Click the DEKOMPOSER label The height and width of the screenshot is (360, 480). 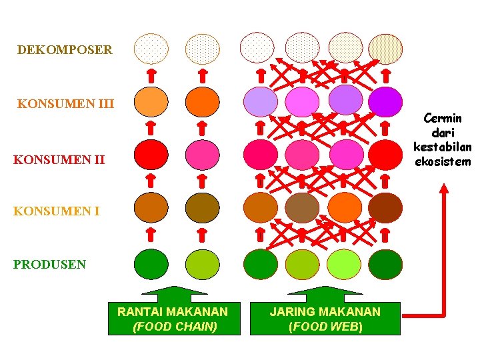point(65,50)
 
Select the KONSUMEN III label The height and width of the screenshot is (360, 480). point(65,104)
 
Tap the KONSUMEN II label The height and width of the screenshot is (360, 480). point(59,160)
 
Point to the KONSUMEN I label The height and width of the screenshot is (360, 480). point(57,212)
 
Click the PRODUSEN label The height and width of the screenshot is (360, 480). point(49,264)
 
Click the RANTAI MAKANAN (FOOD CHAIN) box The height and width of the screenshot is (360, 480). point(173,319)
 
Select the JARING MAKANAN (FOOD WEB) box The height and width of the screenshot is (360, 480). point(325,319)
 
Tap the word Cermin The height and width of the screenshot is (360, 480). point(442,119)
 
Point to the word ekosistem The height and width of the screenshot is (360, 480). point(442,161)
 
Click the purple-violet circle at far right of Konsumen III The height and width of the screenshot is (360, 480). point(385,101)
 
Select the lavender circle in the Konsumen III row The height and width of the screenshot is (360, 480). point(260,102)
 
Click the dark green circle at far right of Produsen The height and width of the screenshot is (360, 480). point(385,264)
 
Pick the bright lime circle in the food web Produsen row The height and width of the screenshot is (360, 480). point(344,264)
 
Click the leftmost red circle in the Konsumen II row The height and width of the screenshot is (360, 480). point(151,154)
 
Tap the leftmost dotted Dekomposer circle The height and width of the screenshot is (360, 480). point(151,49)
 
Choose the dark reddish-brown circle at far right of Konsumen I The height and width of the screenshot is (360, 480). point(385,207)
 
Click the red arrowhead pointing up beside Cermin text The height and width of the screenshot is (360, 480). point(444,189)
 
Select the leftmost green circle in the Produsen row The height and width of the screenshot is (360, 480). point(151,264)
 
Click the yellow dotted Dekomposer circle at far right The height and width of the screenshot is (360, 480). point(385,49)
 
